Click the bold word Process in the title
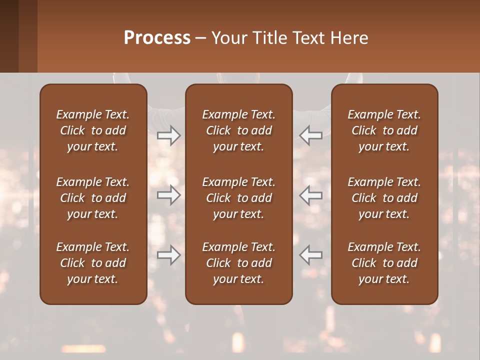pos(157,38)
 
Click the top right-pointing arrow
pos(169,135)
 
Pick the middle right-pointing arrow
pos(169,195)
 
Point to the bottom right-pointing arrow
pos(169,255)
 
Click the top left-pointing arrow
pos(311,135)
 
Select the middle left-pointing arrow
pos(311,195)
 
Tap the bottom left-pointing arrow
pos(311,255)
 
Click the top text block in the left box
pos(93,130)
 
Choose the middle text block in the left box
pos(93,198)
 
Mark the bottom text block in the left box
pos(93,263)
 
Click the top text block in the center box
pos(238,130)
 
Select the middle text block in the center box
pos(238,198)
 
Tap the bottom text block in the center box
pos(238,263)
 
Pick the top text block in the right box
pos(384,130)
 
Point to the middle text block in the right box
pos(384,198)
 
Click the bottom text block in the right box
pos(384,263)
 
